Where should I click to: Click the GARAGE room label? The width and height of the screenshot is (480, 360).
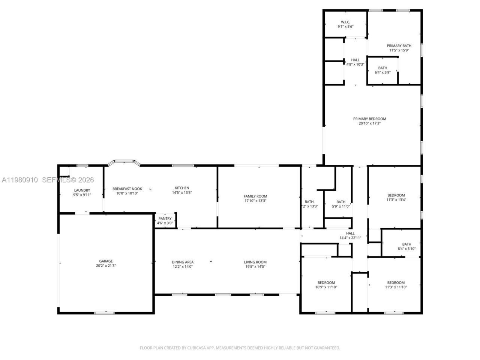pyautogui.click(x=106, y=261)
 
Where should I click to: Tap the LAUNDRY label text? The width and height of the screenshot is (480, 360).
pyautogui.click(x=82, y=190)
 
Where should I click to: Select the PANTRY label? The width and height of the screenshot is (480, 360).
pyautogui.click(x=165, y=219)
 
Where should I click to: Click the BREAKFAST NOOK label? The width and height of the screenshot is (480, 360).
pyautogui.click(x=127, y=189)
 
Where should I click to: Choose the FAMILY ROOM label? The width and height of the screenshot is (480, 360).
pyautogui.click(x=255, y=196)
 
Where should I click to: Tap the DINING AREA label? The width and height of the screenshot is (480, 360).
pyautogui.click(x=183, y=262)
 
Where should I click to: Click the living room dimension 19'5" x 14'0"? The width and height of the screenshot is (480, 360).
pyautogui.click(x=255, y=267)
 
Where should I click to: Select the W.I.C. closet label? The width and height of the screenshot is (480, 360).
pyautogui.click(x=345, y=22)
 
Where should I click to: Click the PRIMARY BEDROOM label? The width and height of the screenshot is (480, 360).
pyautogui.click(x=369, y=119)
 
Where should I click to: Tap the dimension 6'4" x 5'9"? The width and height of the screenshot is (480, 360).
pyautogui.click(x=382, y=72)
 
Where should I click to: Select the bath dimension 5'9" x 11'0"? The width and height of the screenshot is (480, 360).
pyautogui.click(x=341, y=206)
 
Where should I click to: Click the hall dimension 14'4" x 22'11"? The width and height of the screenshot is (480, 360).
pyautogui.click(x=350, y=238)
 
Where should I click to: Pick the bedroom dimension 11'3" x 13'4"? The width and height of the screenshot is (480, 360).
pyautogui.click(x=396, y=200)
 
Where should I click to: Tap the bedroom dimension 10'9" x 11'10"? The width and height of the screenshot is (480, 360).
pyautogui.click(x=326, y=287)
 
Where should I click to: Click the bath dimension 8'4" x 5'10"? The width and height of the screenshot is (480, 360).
pyautogui.click(x=406, y=249)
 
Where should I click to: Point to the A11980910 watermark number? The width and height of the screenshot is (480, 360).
pyautogui.click(x=19, y=180)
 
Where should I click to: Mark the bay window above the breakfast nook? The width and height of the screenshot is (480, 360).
pyautogui.click(x=124, y=162)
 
